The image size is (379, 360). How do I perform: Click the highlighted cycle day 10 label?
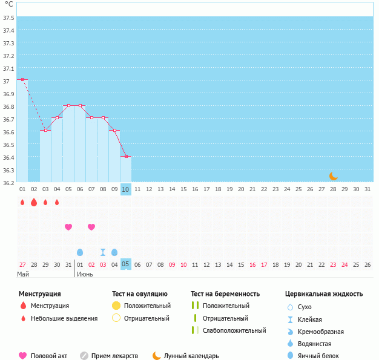(126, 189)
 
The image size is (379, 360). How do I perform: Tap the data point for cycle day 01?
(22, 79)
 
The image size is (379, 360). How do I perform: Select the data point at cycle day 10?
(126, 156)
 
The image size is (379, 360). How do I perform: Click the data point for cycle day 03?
(45, 130)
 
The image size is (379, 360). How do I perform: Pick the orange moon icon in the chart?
(333, 175)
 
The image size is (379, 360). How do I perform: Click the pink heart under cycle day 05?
(68, 227)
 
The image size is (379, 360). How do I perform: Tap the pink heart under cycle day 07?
(91, 227)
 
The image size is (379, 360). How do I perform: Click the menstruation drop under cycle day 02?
(34, 202)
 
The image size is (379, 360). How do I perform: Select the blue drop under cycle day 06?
(80, 252)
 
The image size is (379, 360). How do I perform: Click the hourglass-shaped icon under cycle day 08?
(103, 252)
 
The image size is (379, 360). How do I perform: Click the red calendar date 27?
(22, 264)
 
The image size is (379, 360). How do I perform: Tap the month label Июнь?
(85, 274)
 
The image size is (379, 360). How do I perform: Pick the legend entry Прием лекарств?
(114, 356)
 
